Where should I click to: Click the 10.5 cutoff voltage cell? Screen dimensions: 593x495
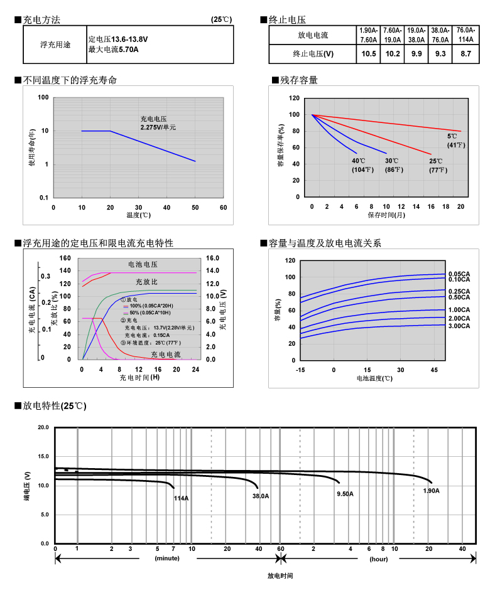pyautogui.click(x=369, y=54)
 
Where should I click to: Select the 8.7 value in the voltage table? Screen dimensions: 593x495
pyautogui.click(x=465, y=54)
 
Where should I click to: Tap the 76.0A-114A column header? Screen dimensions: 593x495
pyautogui.click(x=465, y=35)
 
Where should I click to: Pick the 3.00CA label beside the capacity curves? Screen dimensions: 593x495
pyautogui.click(x=459, y=326)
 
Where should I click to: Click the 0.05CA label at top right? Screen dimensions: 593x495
pyautogui.click(x=459, y=274)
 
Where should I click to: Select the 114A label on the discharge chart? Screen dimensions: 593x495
pyautogui.click(x=181, y=498)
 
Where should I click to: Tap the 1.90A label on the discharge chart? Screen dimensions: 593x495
pyautogui.click(x=431, y=491)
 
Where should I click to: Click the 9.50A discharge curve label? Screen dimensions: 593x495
pyautogui.click(x=345, y=494)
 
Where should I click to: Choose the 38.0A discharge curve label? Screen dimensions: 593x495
pyautogui.click(x=261, y=496)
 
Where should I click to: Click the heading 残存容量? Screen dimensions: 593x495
pyautogui.click(x=299, y=80)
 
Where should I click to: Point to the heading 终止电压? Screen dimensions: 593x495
pyautogui.click(x=287, y=20)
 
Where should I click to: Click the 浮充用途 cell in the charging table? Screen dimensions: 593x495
pyautogui.click(x=55, y=45)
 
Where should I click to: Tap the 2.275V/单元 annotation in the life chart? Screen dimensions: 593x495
pyautogui.click(x=158, y=127)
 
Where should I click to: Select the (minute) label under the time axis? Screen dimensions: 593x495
pyautogui.click(x=167, y=558)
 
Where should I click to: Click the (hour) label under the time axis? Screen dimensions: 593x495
pyautogui.click(x=378, y=558)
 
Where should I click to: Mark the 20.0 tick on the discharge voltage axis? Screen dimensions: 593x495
pyautogui.click(x=43, y=427)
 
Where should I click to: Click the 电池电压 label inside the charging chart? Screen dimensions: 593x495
pyautogui.click(x=143, y=265)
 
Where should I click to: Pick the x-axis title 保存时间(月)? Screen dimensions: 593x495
pyautogui.click(x=386, y=215)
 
